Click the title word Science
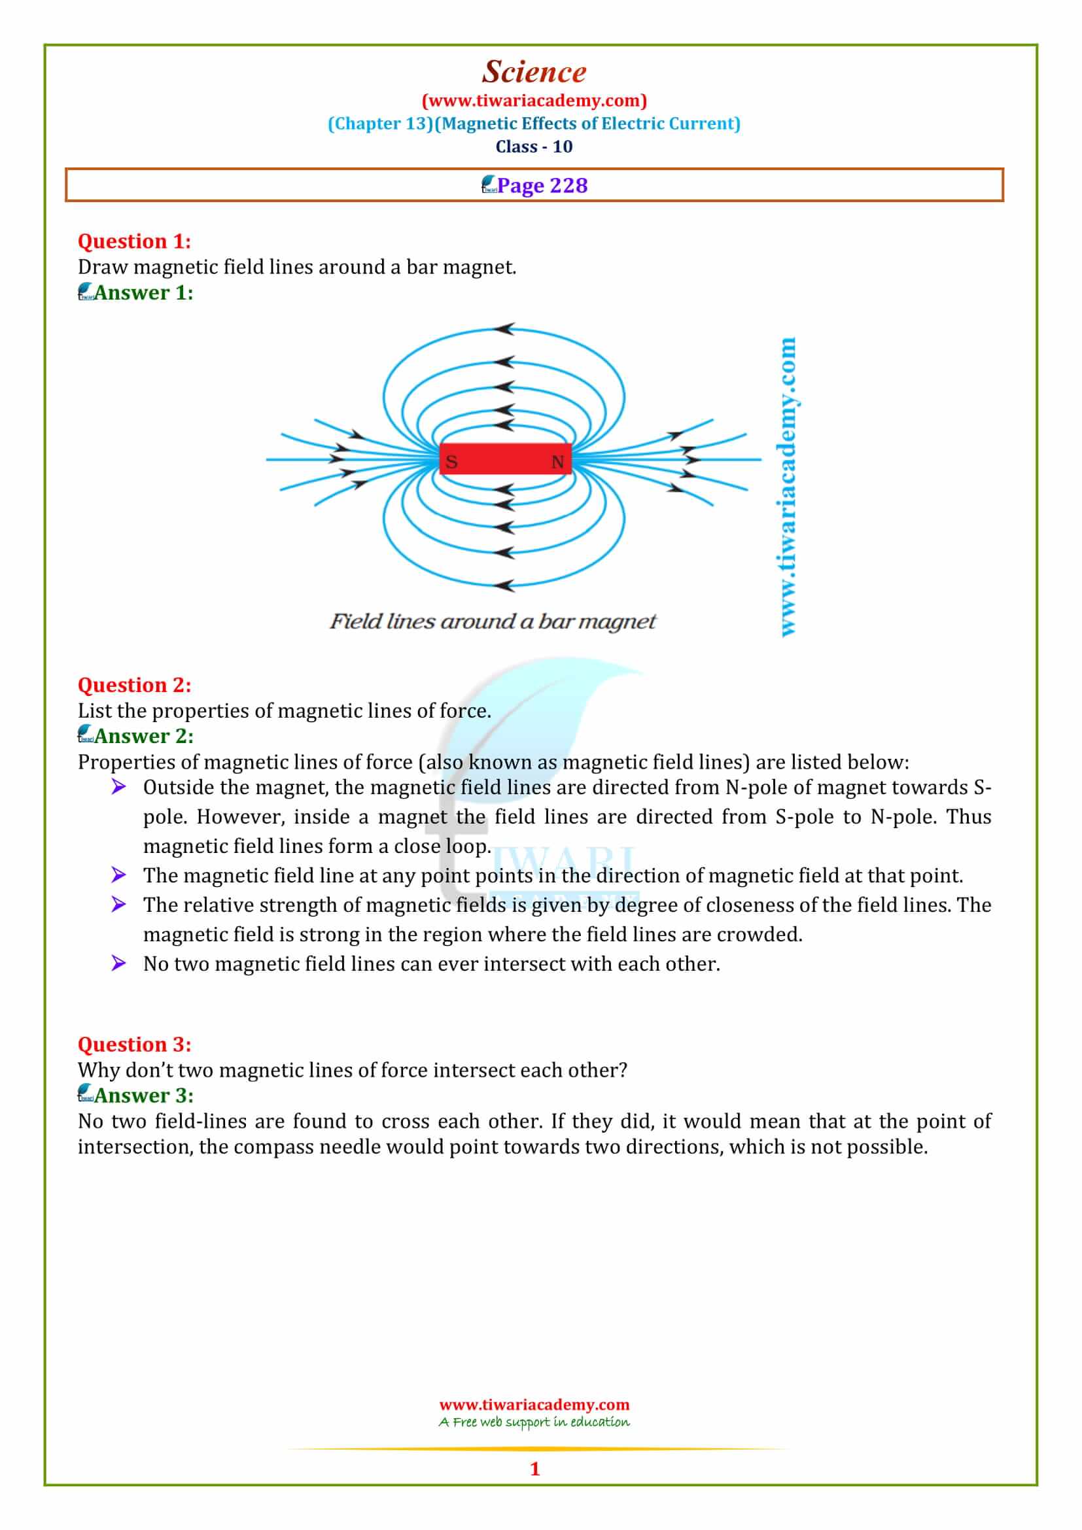click(534, 72)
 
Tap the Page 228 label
click(542, 185)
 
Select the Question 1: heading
click(134, 241)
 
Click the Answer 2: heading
click(143, 737)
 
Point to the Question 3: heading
click(134, 1044)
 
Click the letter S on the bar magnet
click(451, 462)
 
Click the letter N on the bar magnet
click(557, 462)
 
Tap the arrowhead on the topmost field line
click(505, 329)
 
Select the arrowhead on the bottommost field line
click(505, 585)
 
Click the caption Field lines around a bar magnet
click(493, 621)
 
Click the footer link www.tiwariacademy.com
click(534, 1404)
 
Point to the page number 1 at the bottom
click(534, 1469)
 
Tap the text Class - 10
click(534, 147)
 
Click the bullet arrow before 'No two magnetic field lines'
click(118, 963)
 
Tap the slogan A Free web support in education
click(534, 1423)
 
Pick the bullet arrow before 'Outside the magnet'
click(118, 787)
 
